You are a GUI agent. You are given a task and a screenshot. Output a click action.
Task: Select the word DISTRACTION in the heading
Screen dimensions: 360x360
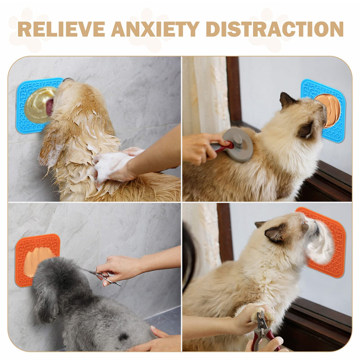coord(274,29)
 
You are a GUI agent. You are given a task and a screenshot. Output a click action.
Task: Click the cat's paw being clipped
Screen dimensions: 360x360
coord(262,315)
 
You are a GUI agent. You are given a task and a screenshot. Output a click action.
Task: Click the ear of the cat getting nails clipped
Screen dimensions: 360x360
coord(274,233)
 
